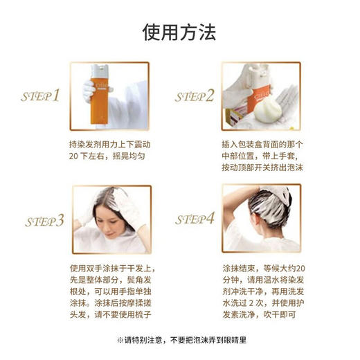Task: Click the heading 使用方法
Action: click(179, 32)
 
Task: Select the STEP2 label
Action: click(195, 96)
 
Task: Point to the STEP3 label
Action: click(44, 221)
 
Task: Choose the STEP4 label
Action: click(195, 219)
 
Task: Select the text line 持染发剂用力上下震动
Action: click(110, 144)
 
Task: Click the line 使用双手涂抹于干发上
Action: click(110, 269)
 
